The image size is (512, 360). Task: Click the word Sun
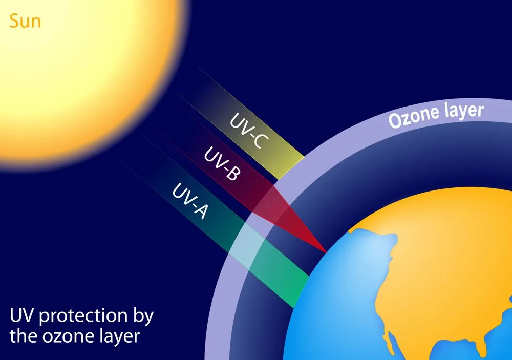coord(25,22)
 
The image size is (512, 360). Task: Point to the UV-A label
coord(190,201)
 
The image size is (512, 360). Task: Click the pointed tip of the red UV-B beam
coord(326,252)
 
